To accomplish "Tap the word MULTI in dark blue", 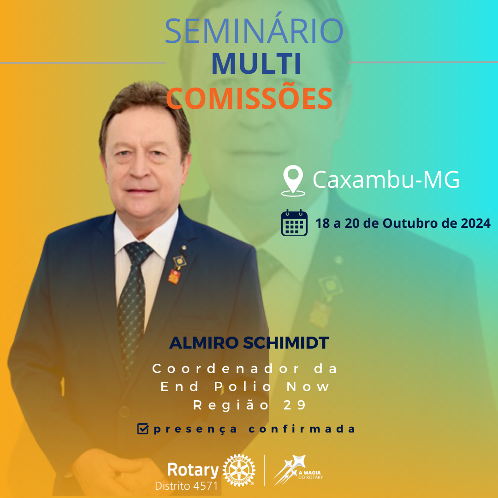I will (256, 65).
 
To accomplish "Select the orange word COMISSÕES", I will (249, 97).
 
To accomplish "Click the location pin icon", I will (293, 181).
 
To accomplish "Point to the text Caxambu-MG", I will (386, 180).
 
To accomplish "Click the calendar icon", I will (294, 223).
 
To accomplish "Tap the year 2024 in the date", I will (475, 224).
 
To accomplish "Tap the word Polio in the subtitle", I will (249, 386).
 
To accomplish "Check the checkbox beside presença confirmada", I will (143, 429).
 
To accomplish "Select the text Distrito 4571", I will (186, 486).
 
